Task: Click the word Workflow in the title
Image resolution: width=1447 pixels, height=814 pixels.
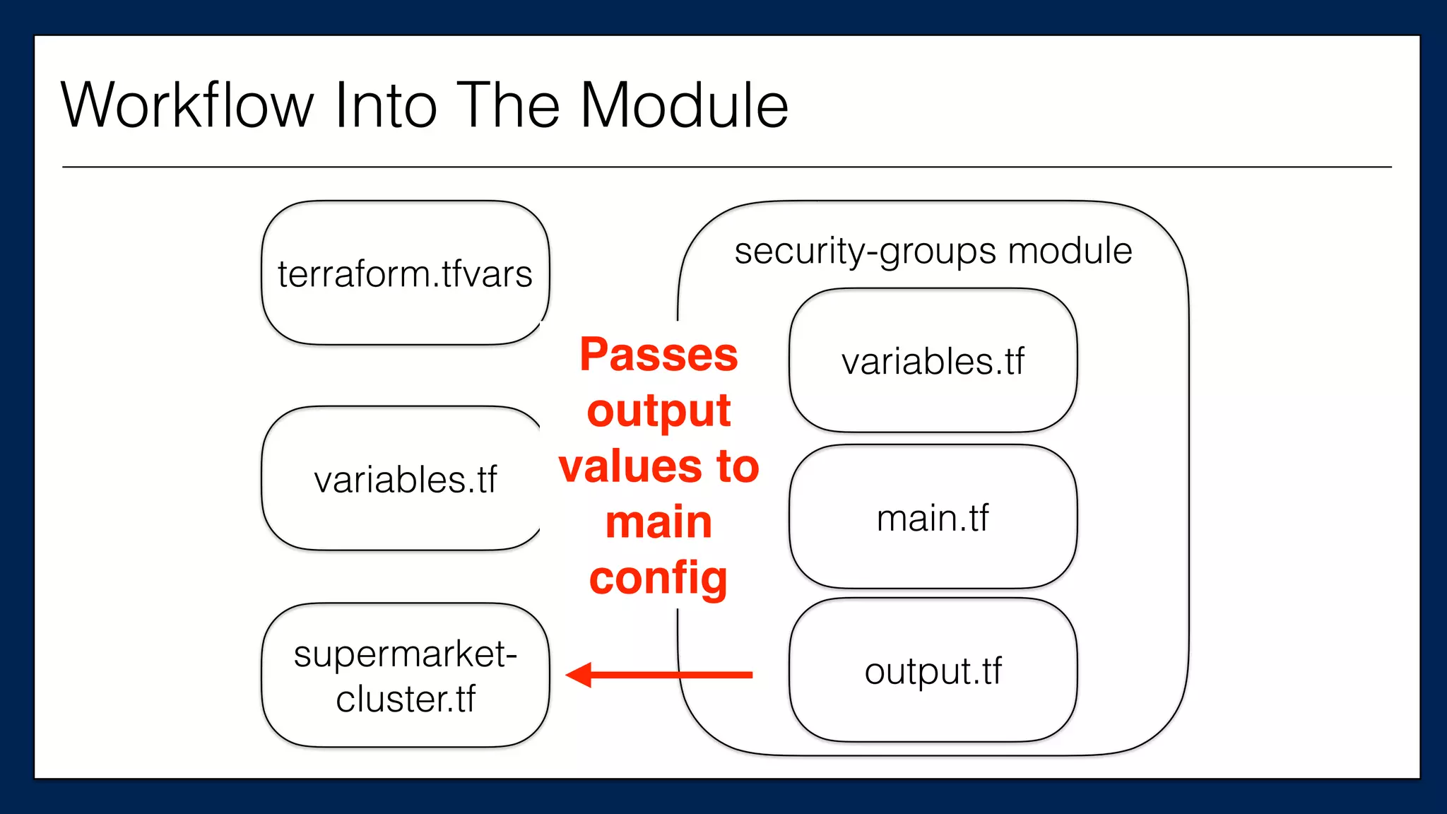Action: [x=187, y=106]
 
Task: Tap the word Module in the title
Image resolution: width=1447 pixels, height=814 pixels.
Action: [x=684, y=106]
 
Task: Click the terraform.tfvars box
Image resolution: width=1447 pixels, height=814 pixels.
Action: [x=405, y=274]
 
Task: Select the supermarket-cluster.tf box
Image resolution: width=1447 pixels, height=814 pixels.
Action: [x=405, y=676]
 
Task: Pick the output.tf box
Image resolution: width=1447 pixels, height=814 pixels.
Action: [x=933, y=671]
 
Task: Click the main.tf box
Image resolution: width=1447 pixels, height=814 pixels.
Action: [x=933, y=517]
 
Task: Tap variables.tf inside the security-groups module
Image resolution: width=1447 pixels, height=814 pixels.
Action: [x=933, y=361]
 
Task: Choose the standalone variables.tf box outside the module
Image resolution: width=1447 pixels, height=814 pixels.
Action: [x=405, y=479]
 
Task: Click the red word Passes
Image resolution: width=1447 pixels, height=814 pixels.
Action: [x=658, y=355]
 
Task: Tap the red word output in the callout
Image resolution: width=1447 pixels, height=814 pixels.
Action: [x=658, y=411]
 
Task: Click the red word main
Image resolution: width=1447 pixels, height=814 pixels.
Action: [x=658, y=522]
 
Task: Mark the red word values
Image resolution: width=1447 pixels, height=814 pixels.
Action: [x=630, y=467]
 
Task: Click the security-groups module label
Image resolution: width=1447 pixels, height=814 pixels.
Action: [x=933, y=252]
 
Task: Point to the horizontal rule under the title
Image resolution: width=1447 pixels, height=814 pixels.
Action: [x=726, y=167]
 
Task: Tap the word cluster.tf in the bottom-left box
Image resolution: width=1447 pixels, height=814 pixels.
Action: [x=405, y=699]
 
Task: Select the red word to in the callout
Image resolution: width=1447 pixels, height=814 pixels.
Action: [x=738, y=467]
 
